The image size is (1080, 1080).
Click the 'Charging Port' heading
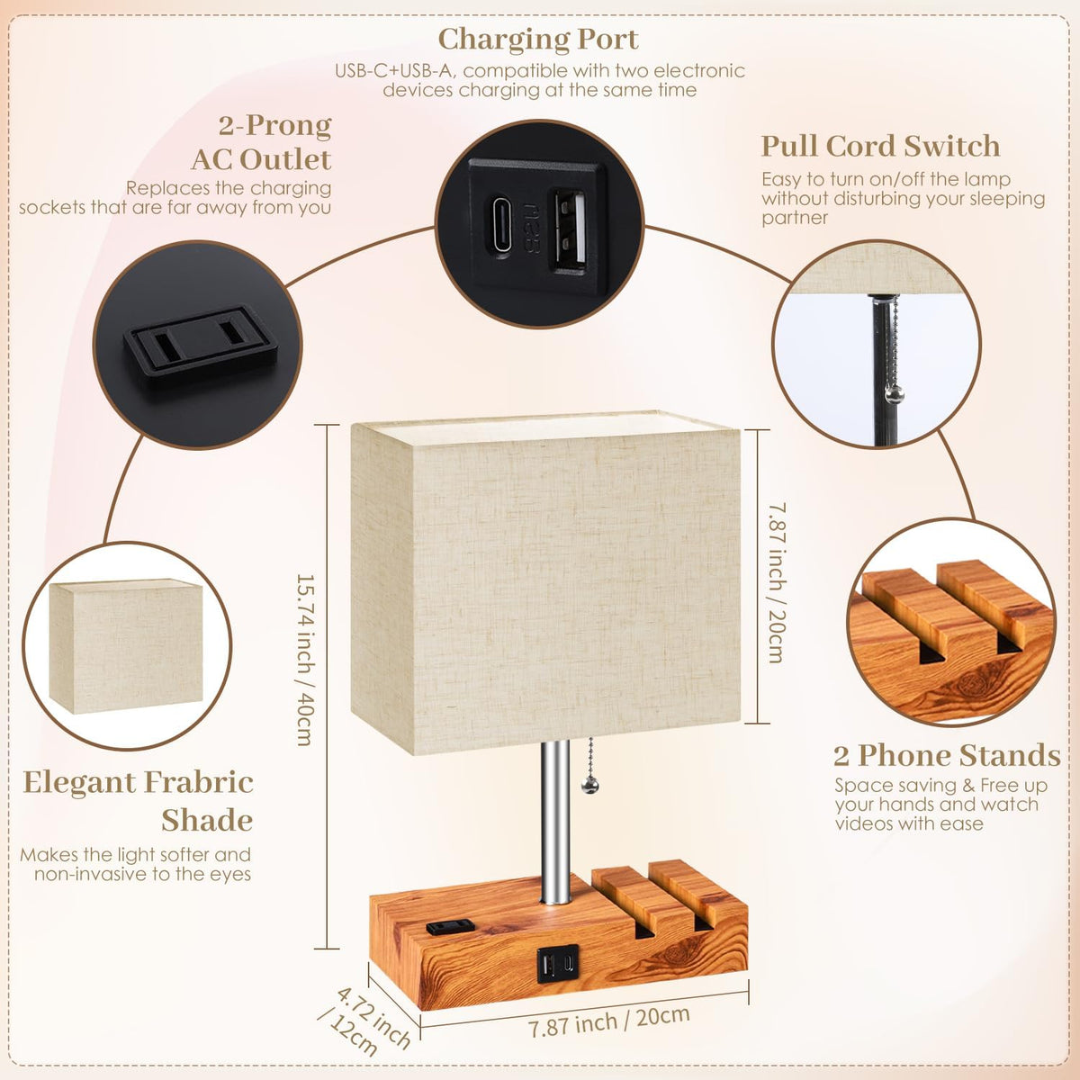coord(537,40)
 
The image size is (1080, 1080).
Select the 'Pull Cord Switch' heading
coord(880,147)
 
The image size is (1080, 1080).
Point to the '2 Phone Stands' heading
coord(947,755)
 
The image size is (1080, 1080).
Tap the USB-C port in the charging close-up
coord(499,222)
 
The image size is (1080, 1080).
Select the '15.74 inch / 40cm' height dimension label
coord(305,660)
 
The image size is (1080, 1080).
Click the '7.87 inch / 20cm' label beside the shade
coord(776,582)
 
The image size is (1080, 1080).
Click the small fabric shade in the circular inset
coord(125,645)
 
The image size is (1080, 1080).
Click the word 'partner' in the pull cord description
coord(794,218)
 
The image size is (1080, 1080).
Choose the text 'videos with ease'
coord(909,823)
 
